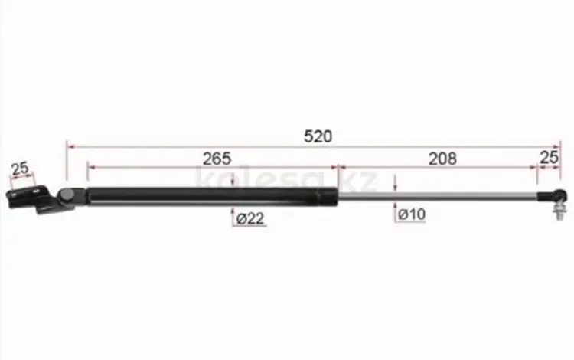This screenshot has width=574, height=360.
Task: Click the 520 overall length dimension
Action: pyautogui.click(x=318, y=136)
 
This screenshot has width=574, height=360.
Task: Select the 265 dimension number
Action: pyautogui.click(x=217, y=159)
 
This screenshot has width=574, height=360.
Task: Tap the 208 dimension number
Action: pyautogui.click(x=442, y=159)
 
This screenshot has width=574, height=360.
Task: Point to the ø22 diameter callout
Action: pyautogui.click(x=250, y=218)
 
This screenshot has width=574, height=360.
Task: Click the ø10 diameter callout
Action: pyautogui.click(x=412, y=214)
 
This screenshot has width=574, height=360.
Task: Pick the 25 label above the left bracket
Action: pyautogui.click(x=20, y=169)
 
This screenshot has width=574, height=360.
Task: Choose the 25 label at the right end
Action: pyautogui.click(x=550, y=158)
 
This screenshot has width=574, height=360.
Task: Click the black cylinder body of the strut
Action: pyautogui.click(x=212, y=197)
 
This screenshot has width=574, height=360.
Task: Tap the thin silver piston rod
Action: pyautogui.click(x=438, y=196)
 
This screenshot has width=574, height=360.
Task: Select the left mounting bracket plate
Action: pyautogui.click(x=28, y=198)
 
